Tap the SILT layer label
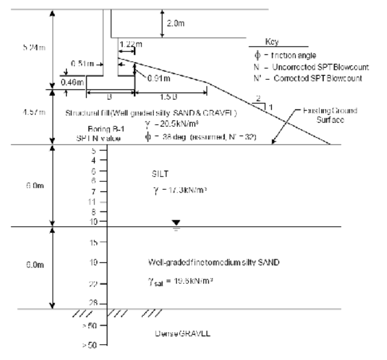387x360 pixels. [159, 172]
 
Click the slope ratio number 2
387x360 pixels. [257, 99]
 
